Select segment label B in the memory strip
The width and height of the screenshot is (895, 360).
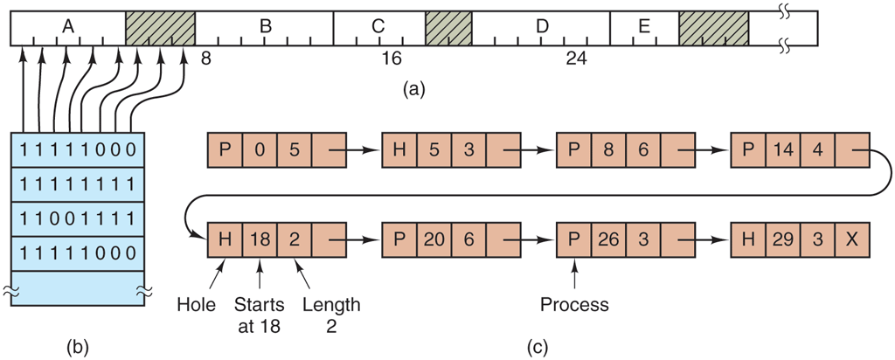[265, 26]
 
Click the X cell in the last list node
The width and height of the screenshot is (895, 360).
[853, 239]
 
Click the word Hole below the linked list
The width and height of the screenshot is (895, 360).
[196, 306]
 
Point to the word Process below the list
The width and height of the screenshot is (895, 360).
[573, 306]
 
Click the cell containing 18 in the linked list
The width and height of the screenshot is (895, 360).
[260, 239]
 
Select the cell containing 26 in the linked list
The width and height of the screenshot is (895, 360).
[608, 239]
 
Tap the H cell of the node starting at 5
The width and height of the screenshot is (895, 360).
[399, 150]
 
